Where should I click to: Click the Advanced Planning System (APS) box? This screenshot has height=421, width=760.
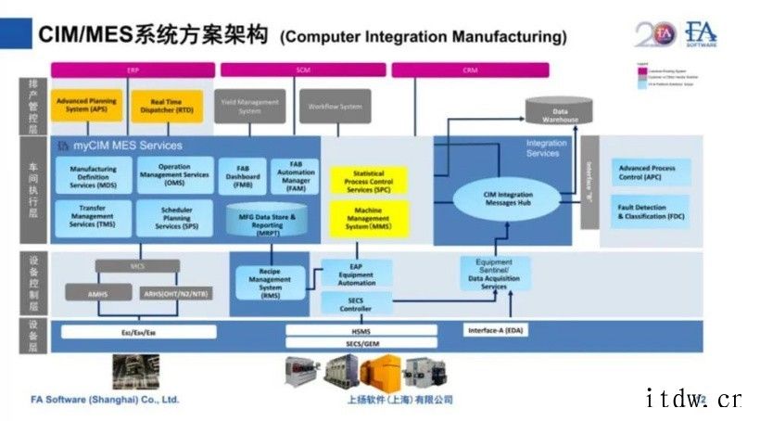pos(86,106)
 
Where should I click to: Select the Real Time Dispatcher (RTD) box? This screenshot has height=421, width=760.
pos(166,106)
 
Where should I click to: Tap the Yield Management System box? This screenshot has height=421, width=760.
pos(250,106)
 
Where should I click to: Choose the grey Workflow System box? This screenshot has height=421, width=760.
pos(335,106)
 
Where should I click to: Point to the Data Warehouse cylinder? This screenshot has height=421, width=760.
pos(559,112)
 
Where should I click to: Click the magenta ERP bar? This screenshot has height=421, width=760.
pos(133,70)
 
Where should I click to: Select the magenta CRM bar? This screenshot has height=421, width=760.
pos(470,70)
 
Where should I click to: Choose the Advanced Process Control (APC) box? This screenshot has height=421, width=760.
pos(650,173)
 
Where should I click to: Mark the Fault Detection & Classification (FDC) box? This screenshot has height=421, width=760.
pos(650,211)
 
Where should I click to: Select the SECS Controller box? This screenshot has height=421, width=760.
pos(356,303)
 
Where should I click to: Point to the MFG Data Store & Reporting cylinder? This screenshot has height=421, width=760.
pos(268,221)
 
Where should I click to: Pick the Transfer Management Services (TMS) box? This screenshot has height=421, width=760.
pos(93,218)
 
